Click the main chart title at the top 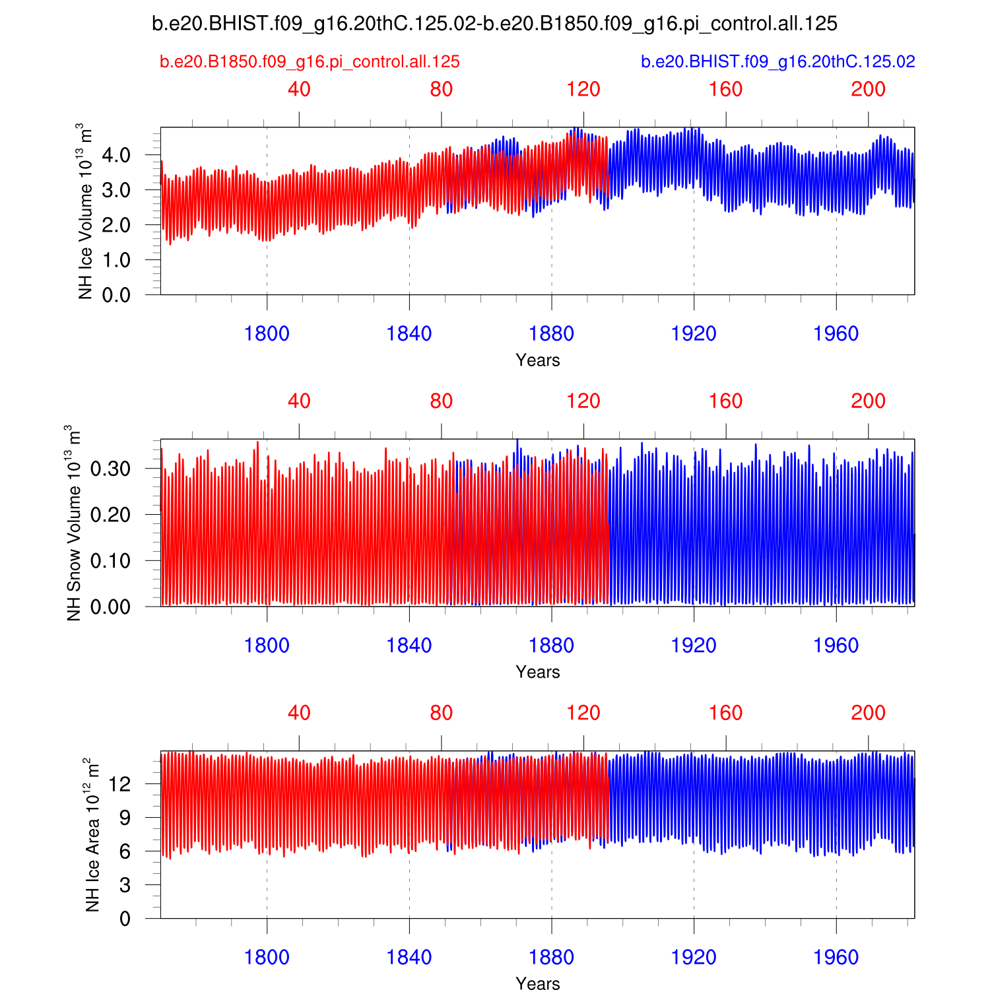click(x=494, y=24)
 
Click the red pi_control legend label click(x=310, y=62)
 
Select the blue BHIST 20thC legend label click(x=778, y=62)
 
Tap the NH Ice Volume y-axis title click(x=84, y=211)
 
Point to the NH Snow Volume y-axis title click(x=73, y=523)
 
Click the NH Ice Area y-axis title click(x=92, y=835)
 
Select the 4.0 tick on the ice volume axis click(x=116, y=156)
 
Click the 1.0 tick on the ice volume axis click(x=116, y=260)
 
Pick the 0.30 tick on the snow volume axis click(x=110, y=469)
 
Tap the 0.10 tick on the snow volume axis click(x=110, y=561)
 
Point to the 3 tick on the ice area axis click(x=125, y=885)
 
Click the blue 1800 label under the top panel click(x=267, y=334)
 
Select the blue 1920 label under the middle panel click(x=694, y=645)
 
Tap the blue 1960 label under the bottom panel click(x=836, y=958)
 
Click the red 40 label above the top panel click(x=299, y=90)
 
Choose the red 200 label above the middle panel click(x=868, y=401)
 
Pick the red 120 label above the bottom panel click(x=583, y=713)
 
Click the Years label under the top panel click(x=538, y=360)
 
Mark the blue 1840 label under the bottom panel click(x=409, y=958)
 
